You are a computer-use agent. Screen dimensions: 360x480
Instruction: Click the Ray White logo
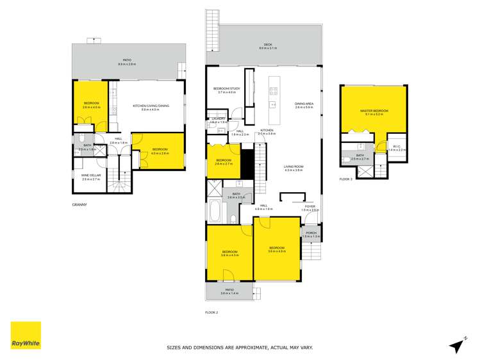(x=26, y=336)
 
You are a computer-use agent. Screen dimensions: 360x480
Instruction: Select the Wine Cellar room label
(x=90, y=177)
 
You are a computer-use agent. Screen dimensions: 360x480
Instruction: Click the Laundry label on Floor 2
(x=218, y=120)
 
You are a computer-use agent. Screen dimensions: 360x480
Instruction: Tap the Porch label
(x=310, y=234)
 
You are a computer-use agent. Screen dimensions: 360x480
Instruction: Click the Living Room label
(x=294, y=168)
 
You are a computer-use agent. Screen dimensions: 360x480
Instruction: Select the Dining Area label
(x=304, y=105)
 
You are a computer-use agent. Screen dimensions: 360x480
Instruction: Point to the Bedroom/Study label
(x=227, y=90)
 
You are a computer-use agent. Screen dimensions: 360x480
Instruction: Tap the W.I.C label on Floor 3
(x=397, y=148)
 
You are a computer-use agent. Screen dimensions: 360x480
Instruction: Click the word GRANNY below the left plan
(x=79, y=205)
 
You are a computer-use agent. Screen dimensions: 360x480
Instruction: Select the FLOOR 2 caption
(x=212, y=312)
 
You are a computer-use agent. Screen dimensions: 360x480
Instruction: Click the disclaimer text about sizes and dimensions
(x=240, y=348)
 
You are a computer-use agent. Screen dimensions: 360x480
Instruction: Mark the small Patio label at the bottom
(x=229, y=291)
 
